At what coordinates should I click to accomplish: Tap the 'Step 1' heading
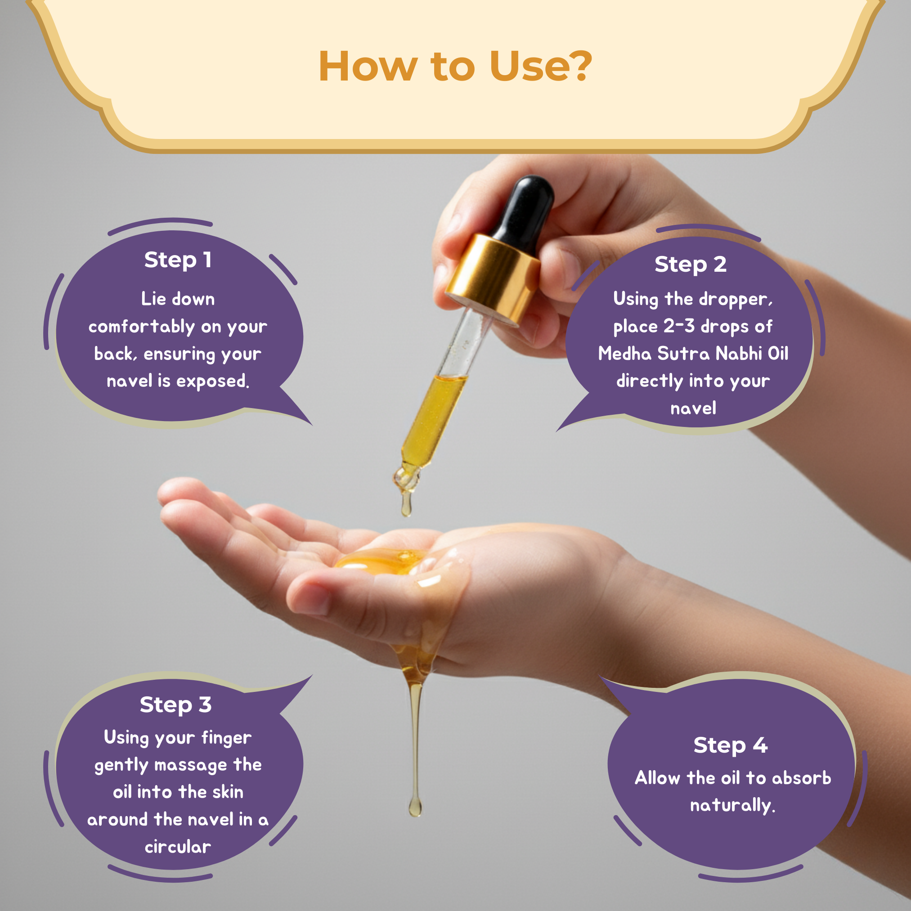coord(178,260)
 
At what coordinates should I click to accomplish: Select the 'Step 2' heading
coord(690,265)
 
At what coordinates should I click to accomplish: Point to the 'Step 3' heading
coord(175,705)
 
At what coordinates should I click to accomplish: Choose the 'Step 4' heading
coord(731,745)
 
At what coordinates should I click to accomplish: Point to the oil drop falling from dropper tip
coord(406,504)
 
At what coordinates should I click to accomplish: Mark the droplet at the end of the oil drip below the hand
coord(415,806)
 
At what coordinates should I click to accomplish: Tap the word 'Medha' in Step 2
coord(625,354)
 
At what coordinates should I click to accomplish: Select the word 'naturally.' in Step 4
coord(733,805)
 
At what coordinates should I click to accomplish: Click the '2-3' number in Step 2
coord(679,326)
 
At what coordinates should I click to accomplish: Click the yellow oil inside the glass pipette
coord(433,420)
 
